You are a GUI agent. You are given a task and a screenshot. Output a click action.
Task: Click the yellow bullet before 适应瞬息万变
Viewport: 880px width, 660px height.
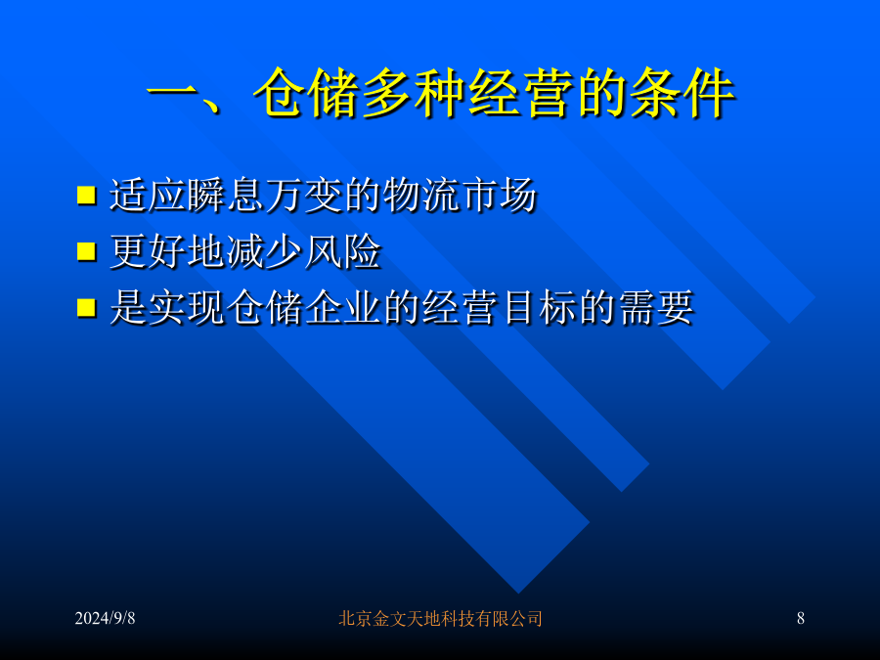[x=86, y=195]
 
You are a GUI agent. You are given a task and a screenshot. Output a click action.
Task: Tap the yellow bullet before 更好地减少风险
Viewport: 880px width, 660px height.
[x=86, y=251]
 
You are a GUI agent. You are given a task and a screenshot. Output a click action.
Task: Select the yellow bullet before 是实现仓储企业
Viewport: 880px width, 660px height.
[x=86, y=307]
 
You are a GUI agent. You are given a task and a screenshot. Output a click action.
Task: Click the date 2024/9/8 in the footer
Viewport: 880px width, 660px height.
[x=105, y=618]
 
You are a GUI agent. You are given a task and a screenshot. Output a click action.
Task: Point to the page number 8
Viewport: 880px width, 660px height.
[x=800, y=618]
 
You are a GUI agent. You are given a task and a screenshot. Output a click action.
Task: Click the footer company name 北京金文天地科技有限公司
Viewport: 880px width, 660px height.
[x=440, y=619]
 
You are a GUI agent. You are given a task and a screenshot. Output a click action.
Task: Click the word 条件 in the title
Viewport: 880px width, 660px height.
[x=681, y=93]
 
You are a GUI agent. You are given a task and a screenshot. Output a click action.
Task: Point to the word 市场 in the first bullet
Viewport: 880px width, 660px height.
[x=499, y=196]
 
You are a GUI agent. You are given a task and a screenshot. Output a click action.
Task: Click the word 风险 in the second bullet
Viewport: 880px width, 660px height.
[x=343, y=251]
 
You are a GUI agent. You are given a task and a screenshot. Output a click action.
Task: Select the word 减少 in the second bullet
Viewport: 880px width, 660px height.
[x=265, y=251]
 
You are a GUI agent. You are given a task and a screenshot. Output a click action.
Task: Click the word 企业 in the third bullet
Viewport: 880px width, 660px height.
[x=343, y=308]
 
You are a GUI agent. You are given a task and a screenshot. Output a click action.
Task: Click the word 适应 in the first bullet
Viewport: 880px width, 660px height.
[x=148, y=196]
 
